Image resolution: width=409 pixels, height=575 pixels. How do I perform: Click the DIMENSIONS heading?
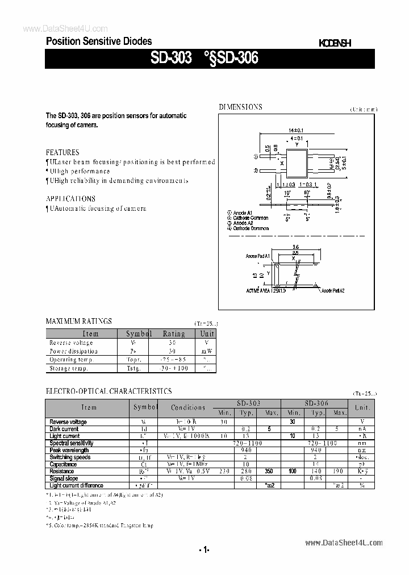[241, 107]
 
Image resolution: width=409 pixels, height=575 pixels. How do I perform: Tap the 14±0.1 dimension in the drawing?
[296, 130]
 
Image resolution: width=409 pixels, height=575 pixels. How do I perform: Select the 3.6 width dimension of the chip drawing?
[295, 247]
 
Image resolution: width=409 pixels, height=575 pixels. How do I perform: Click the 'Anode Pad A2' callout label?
[334, 290]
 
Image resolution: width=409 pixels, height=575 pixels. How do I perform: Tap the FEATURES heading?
[62, 152]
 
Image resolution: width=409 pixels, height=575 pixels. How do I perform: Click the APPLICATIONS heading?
[70, 199]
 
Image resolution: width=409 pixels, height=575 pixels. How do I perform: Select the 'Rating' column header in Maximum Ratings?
[174, 334]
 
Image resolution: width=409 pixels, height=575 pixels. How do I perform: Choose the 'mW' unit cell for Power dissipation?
[207, 351]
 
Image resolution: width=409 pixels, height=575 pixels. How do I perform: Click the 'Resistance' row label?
[62, 472]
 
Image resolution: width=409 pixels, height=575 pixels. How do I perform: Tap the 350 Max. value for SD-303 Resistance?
[269, 472]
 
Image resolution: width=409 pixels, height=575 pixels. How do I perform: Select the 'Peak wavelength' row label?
[69, 450]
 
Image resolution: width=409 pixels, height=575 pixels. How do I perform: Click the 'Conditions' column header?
[188, 407]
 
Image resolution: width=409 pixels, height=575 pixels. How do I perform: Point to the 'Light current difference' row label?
[76, 486]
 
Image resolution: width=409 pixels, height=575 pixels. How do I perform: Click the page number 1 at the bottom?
[204, 549]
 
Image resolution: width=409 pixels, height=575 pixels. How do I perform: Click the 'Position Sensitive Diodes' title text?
[99, 41]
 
